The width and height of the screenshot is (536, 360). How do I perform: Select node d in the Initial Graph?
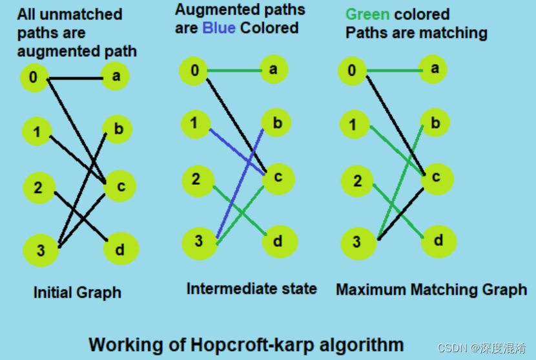(119, 248)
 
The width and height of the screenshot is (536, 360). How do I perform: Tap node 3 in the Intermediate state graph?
(200, 241)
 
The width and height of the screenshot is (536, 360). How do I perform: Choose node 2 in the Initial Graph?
(39, 187)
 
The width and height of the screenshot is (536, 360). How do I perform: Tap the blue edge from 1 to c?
(238, 151)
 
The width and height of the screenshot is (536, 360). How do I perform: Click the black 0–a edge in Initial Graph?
(76, 79)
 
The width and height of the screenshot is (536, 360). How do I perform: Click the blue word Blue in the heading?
(219, 28)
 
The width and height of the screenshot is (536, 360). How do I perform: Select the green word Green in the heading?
(367, 14)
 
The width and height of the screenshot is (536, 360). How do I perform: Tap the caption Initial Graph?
(77, 293)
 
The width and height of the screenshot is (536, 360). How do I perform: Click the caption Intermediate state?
(252, 288)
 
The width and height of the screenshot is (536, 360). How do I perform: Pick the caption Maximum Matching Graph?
(431, 290)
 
